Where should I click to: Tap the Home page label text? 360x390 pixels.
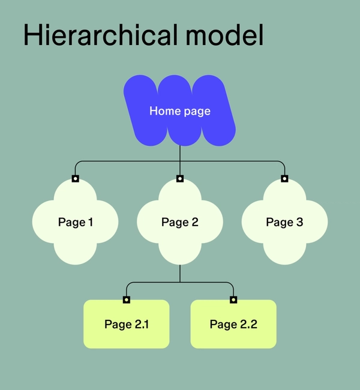point(180,111)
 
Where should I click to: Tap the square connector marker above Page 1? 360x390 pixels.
point(75,178)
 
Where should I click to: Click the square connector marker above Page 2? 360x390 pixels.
point(180,178)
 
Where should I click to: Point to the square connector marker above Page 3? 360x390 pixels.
point(284,178)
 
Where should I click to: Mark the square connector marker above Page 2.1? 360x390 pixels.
point(126,299)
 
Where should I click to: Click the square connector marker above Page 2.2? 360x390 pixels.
point(233,299)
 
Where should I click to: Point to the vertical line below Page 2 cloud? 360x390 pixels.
point(180,273)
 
